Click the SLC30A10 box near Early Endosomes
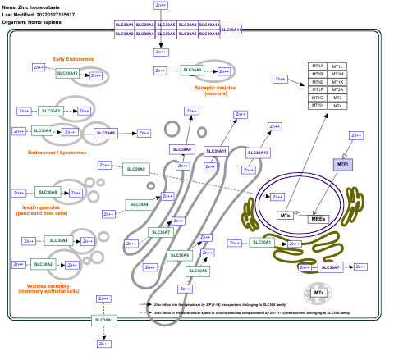pos(68,74)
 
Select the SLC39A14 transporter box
pos(231,30)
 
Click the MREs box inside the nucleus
pos(318,219)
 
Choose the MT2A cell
pos(337,90)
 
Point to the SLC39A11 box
pos(216,151)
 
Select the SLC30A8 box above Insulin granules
pos(48,193)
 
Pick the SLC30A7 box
pos(162,232)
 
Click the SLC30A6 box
pos(179,255)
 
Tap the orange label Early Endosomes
pos(73,59)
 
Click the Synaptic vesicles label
pos(215,88)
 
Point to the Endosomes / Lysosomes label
pos(57,152)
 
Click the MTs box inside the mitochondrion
pos(318,293)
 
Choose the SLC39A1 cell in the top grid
pos(124,25)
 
